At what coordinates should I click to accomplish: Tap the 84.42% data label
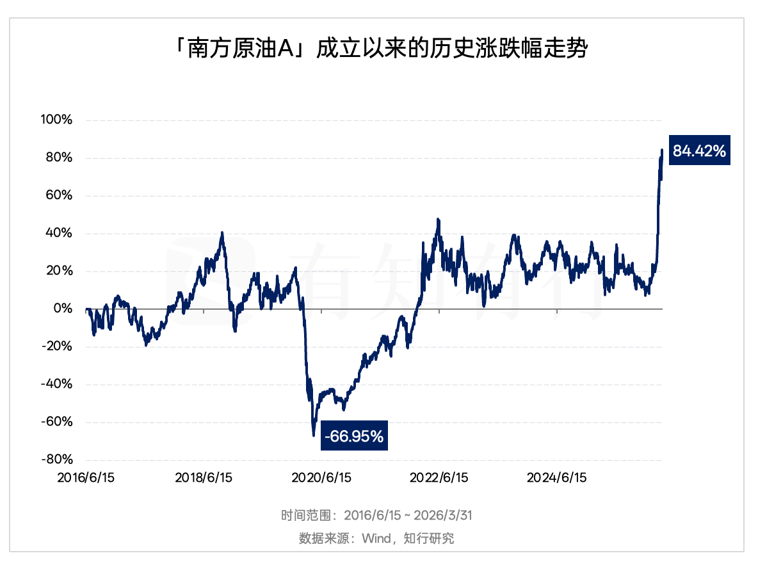[x=698, y=152]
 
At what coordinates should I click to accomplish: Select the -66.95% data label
[x=354, y=437]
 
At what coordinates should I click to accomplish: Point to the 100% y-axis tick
[x=58, y=120]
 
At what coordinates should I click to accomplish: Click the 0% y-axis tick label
[x=63, y=309]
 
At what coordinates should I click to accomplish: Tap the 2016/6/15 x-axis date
[x=86, y=478]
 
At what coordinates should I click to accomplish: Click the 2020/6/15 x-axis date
[x=322, y=478]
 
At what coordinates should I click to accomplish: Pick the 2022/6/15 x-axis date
[x=439, y=478]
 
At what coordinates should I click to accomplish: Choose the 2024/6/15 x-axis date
[x=556, y=478]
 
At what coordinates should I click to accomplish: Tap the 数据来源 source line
[x=376, y=538]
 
